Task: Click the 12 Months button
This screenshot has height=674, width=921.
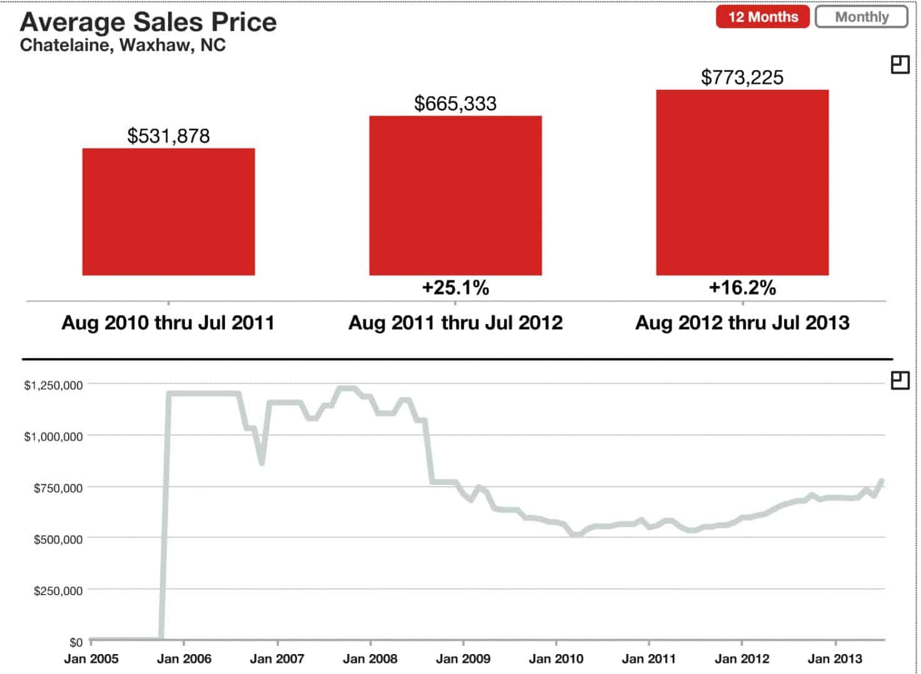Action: pyautogui.click(x=762, y=17)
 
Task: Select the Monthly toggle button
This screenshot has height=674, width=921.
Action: pyautogui.click(x=861, y=17)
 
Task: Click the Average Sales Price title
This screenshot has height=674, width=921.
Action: pyautogui.click(x=149, y=22)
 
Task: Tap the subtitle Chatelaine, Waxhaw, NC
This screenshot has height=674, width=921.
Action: pyautogui.click(x=123, y=46)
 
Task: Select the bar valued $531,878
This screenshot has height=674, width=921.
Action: pyautogui.click(x=169, y=212)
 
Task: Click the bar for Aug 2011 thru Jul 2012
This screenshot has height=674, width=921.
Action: pyautogui.click(x=455, y=195)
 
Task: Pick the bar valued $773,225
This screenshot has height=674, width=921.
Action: pyautogui.click(x=742, y=182)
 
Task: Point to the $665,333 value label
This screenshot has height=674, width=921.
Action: pyautogui.click(x=455, y=104)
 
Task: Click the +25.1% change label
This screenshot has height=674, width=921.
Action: pyautogui.click(x=455, y=288)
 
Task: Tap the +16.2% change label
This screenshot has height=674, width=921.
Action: pyautogui.click(x=742, y=288)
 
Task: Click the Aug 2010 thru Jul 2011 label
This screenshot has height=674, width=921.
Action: pyautogui.click(x=168, y=323)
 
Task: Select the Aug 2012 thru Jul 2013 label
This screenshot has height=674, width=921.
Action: pyautogui.click(x=742, y=323)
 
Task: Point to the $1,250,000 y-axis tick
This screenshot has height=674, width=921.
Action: pyautogui.click(x=53, y=386)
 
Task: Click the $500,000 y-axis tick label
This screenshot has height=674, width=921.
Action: pyautogui.click(x=57, y=539)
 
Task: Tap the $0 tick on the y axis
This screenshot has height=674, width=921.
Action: pyautogui.click(x=76, y=642)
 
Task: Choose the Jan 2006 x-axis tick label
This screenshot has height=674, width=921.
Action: pyautogui.click(x=184, y=658)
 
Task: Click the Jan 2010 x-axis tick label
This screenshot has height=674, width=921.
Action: pyautogui.click(x=556, y=658)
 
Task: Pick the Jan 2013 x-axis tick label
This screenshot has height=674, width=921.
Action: pyautogui.click(x=835, y=658)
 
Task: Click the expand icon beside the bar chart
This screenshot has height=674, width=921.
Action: pyautogui.click(x=900, y=64)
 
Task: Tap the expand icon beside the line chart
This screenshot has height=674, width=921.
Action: pyautogui.click(x=900, y=380)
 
